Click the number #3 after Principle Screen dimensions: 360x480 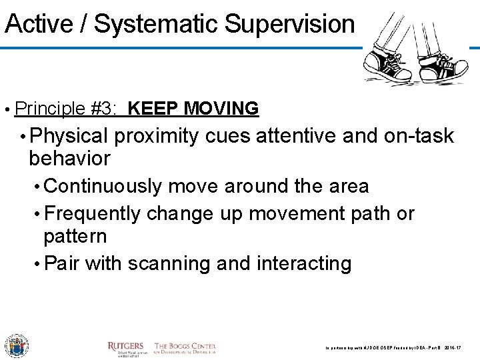click(103, 108)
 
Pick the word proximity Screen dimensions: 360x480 click(156, 137)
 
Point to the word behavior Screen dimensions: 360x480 click(69, 159)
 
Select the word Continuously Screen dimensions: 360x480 click(103, 186)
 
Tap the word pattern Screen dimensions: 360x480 click(75, 236)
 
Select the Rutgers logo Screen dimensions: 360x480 click(125, 347)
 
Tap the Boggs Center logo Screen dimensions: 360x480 click(185, 347)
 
